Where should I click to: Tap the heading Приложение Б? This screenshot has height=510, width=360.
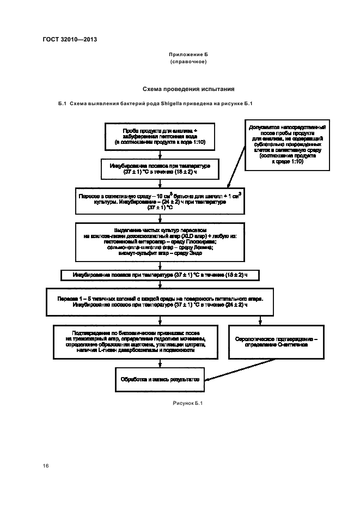tap(188, 56)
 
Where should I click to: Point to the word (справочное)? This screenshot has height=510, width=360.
tap(188, 62)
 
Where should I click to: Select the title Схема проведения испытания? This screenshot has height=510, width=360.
tap(188, 88)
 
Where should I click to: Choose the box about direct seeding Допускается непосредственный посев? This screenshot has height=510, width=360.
tap(281, 144)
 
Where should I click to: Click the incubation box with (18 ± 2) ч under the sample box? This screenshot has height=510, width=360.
tap(160, 168)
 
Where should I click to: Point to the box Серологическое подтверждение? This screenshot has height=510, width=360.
tap(279, 342)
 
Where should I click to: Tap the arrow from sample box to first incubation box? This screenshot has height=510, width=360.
tap(160, 154)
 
